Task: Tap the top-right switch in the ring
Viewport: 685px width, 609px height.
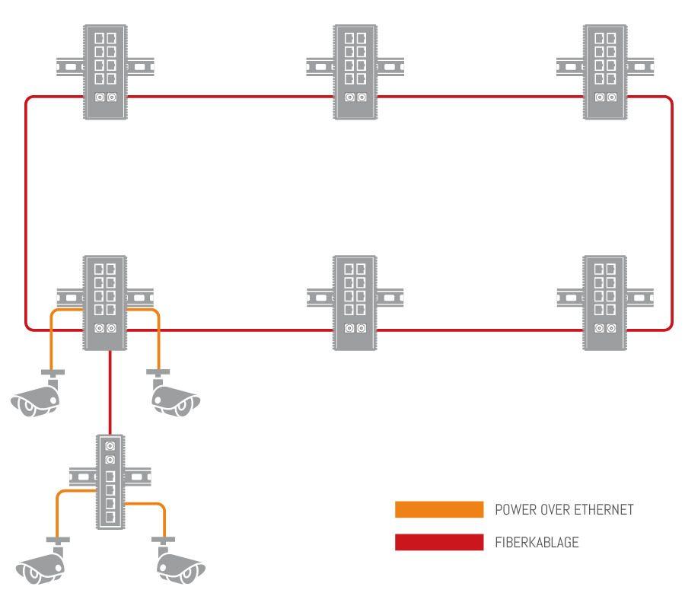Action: (x=606, y=71)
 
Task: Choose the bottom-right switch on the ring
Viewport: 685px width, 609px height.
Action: (x=606, y=302)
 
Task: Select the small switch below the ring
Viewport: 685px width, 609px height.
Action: (x=110, y=481)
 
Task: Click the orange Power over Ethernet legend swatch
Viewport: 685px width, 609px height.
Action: (x=439, y=509)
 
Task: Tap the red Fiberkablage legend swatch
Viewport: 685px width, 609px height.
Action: (x=439, y=542)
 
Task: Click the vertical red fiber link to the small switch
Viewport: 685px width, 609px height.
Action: (x=111, y=393)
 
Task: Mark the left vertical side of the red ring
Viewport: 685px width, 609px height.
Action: (x=26, y=213)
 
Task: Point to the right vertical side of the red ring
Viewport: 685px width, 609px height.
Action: (x=672, y=213)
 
